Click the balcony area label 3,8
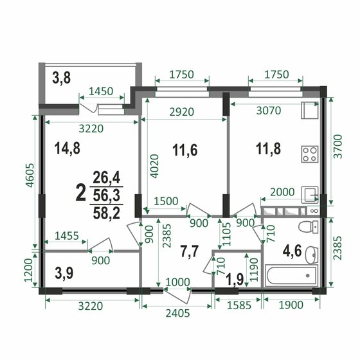click(x=61, y=78)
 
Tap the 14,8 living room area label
click(x=67, y=148)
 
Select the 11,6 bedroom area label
click(x=185, y=150)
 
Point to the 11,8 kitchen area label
click(x=268, y=148)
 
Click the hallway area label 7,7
click(x=190, y=252)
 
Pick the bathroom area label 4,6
click(x=292, y=251)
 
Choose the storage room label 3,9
click(x=64, y=273)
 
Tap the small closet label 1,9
click(x=235, y=280)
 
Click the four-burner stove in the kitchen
click(x=310, y=154)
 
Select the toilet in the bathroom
click(x=308, y=227)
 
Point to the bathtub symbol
click(x=291, y=276)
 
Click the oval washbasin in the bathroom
click(x=312, y=255)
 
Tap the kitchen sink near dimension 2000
click(x=310, y=195)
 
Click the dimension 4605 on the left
click(x=30, y=175)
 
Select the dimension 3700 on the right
click(x=337, y=147)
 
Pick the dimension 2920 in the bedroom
click(x=182, y=112)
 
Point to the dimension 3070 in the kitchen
click(x=269, y=111)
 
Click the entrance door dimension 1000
click(x=177, y=282)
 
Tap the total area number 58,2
click(x=107, y=213)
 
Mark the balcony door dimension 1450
click(x=101, y=91)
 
